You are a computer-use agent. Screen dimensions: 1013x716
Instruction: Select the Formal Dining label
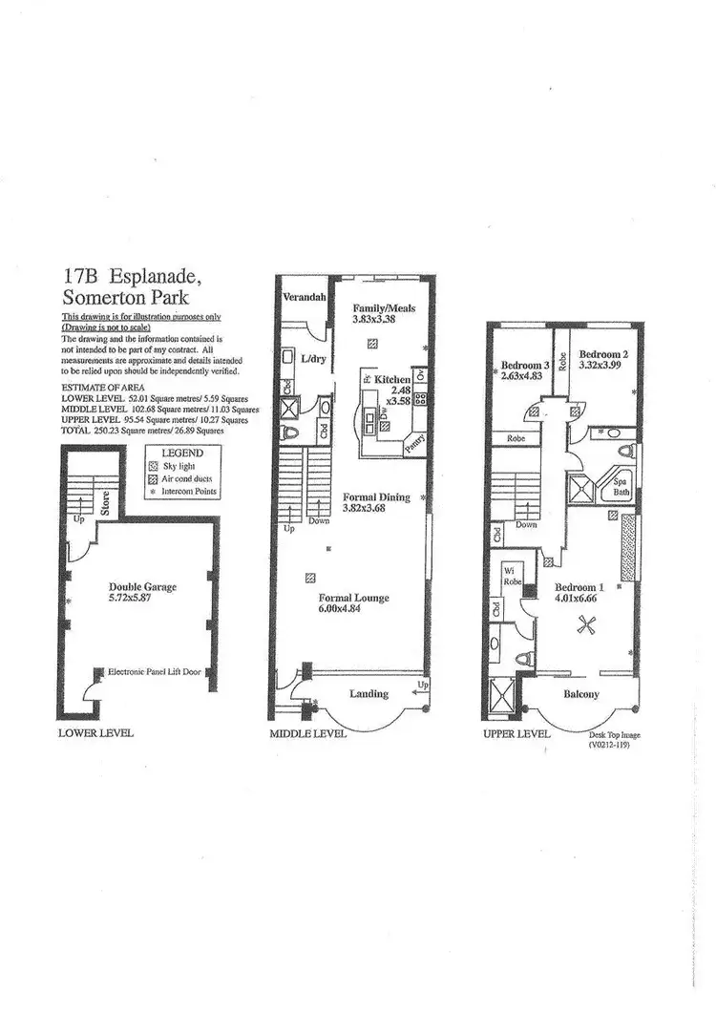point(376,496)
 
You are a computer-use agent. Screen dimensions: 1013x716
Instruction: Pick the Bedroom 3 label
point(526,364)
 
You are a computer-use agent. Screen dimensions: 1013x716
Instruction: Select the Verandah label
point(305,298)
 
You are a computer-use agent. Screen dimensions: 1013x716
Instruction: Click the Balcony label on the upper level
point(580,694)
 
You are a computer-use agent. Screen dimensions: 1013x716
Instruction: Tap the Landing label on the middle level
point(369,694)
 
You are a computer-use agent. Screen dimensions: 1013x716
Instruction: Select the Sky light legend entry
point(179,465)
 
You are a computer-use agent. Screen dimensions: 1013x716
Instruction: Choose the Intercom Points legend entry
point(188,492)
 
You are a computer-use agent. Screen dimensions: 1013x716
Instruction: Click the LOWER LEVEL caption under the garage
point(95,733)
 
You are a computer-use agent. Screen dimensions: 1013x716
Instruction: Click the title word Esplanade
point(153,278)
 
